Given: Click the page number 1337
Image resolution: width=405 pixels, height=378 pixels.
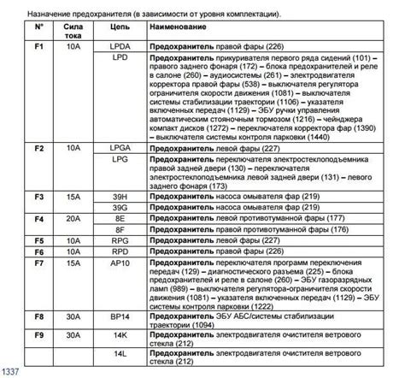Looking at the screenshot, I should (x=12, y=371).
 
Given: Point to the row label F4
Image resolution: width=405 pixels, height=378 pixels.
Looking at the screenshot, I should (x=39, y=219).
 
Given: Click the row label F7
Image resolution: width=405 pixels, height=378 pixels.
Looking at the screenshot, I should (x=39, y=263).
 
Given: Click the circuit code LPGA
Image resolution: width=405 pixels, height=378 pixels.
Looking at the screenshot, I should (x=121, y=148).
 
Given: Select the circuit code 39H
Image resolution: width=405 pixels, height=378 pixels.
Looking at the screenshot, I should (x=121, y=196).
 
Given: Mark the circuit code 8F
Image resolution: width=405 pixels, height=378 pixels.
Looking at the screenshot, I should (x=121, y=229).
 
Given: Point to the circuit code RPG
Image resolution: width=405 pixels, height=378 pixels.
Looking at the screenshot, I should (x=121, y=241).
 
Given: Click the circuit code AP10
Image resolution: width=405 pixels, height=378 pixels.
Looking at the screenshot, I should (x=121, y=263).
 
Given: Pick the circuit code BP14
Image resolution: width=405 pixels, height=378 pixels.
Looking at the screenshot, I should (x=121, y=316).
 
